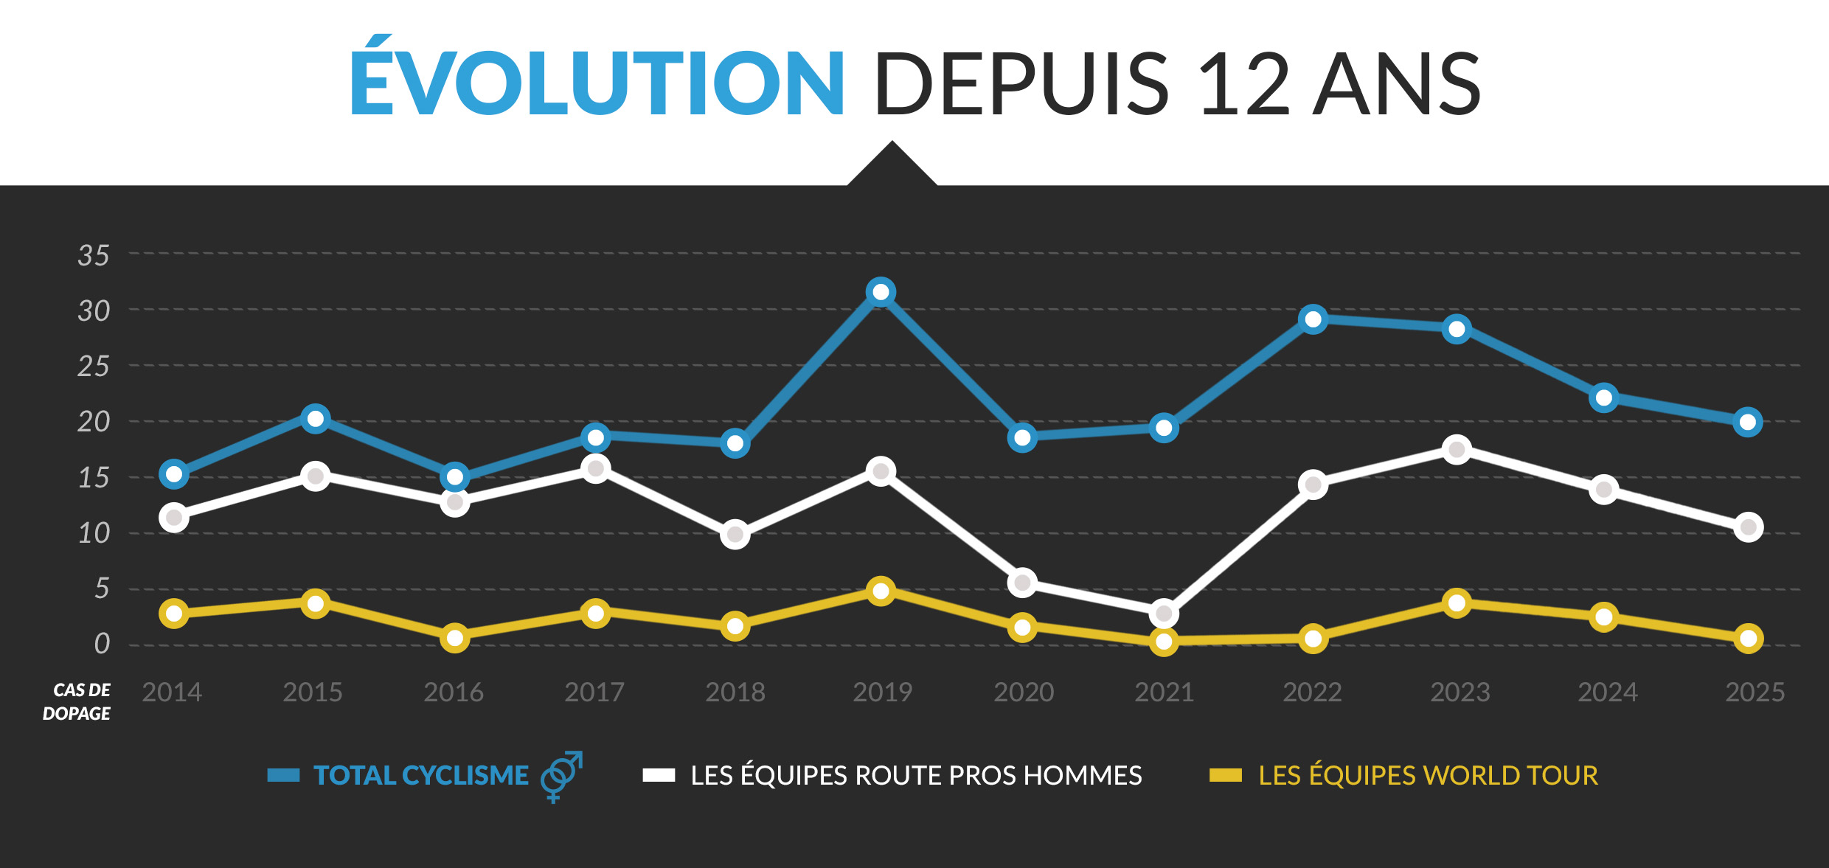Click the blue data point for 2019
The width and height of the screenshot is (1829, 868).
(881, 293)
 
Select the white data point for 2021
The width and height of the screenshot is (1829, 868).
(1164, 614)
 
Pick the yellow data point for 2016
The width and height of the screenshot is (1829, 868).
(455, 638)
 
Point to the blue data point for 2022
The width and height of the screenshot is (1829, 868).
(1313, 319)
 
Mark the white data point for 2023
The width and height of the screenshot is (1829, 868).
(1457, 450)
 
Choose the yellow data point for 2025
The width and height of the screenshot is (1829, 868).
(1748, 639)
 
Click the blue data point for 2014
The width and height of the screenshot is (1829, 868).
(174, 474)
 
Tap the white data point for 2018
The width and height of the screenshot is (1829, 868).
(735, 534)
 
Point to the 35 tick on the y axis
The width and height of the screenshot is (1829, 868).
(94, 256)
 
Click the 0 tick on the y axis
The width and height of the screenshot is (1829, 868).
(102, 644)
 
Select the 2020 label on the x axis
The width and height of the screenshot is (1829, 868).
(1023, 692)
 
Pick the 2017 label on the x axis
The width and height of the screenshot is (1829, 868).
(594, 692)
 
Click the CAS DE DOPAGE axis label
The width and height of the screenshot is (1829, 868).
(77, 701)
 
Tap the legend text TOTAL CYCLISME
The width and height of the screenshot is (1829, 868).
(421, 776)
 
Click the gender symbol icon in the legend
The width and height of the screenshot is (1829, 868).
(561, 776)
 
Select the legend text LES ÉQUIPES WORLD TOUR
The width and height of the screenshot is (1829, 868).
(1428, 776)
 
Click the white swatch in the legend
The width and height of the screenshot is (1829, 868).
(659, 775)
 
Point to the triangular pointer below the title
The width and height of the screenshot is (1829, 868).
(892, 166)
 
